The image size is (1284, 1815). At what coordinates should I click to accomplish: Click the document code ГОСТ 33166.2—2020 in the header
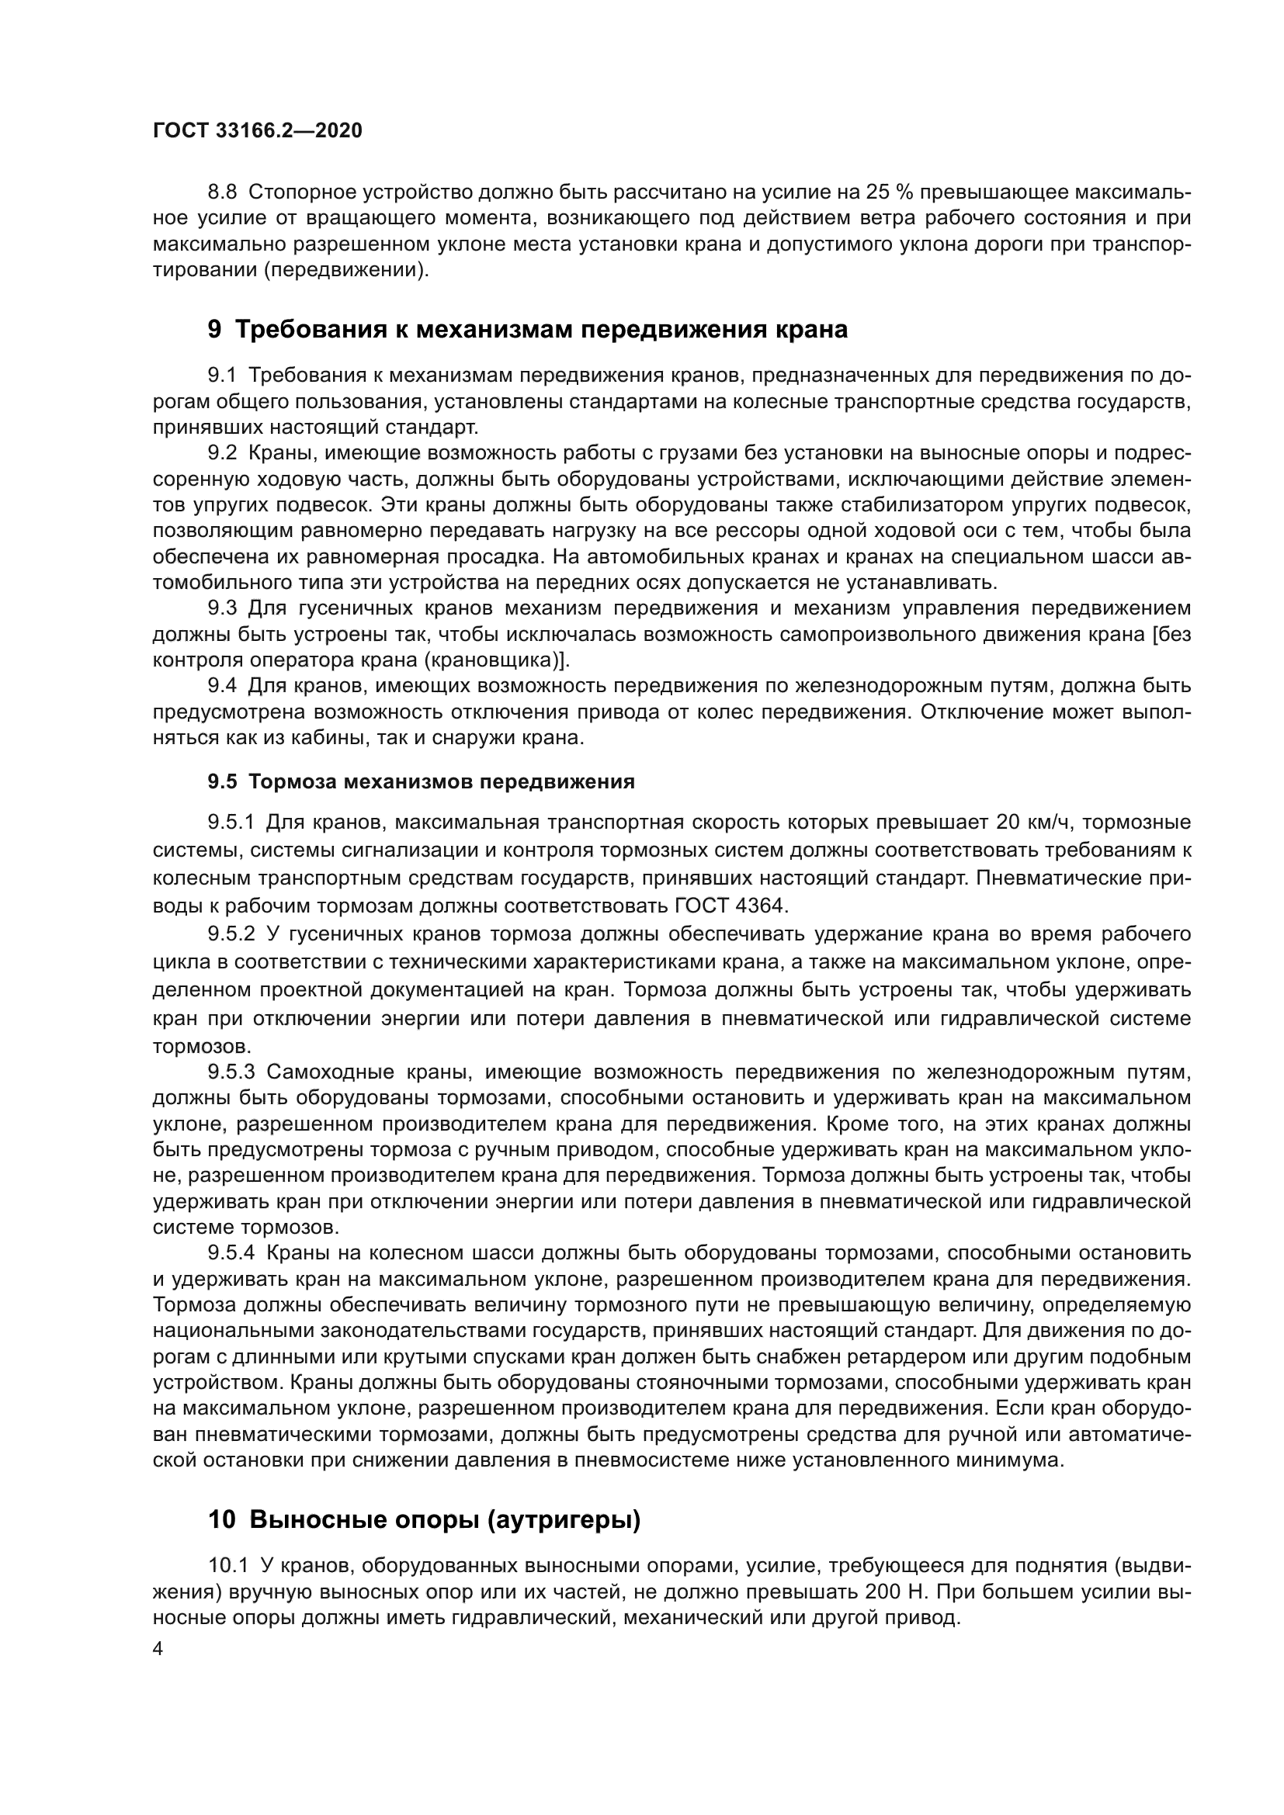tap(257, 131)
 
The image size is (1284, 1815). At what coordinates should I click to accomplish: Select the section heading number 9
tap(214, 330)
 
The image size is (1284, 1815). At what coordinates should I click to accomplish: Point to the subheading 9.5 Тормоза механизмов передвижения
tap(421, 782)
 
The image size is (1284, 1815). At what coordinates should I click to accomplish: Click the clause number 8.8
tap(222, 192)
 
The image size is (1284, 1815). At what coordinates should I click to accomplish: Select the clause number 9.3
tap(222, 608)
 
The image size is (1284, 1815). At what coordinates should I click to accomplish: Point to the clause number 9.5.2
tap(231, 934)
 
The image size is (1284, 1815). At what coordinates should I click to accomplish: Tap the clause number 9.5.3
tap(231, 1072)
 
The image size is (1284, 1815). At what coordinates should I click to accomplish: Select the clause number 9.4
tap(222, 686)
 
